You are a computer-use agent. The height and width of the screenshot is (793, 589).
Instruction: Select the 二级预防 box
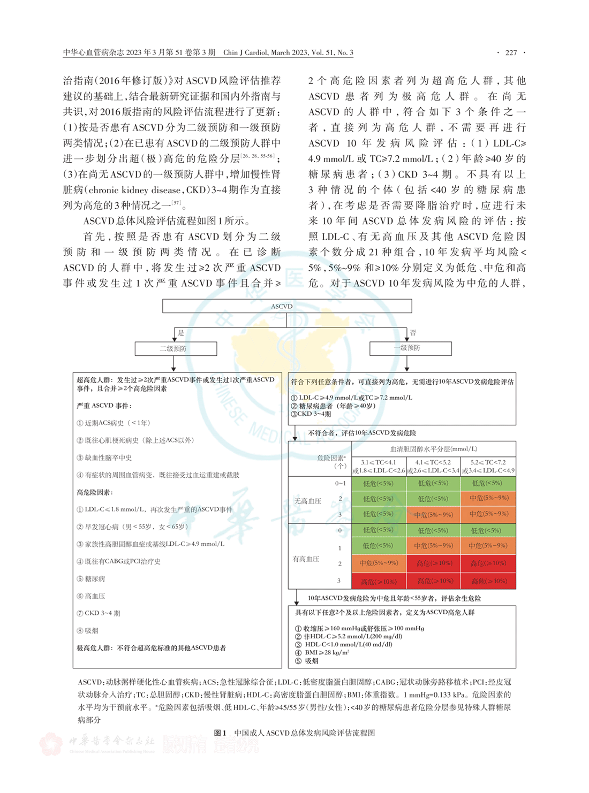(x=176, y=348)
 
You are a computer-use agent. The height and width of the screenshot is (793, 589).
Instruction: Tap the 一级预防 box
(x=411, y=348)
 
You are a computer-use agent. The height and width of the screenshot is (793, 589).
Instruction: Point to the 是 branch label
(x=181, y=333)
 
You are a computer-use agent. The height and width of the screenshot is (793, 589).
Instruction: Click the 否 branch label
(x=413, y=333)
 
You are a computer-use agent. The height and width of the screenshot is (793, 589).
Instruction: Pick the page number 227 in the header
(x=511, y=52)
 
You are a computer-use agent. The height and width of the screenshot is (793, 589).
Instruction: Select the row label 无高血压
(x=307, y=501)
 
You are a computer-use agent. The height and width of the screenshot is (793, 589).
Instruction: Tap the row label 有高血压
(x=306, y=559)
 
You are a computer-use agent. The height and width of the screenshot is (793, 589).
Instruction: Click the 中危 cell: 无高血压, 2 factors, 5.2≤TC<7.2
(x=488, y=498)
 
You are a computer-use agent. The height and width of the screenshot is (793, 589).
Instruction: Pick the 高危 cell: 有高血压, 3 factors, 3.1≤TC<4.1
(x=379, y=581)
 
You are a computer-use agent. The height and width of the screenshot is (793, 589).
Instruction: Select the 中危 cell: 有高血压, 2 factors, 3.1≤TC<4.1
(x=379, y=563)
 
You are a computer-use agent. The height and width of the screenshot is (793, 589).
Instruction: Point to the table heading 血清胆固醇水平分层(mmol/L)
(x=434, y=449)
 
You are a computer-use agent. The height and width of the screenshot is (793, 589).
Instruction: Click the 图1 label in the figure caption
(x=220, y=733)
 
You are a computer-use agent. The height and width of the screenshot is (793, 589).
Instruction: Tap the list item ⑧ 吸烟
(x=88, y=630)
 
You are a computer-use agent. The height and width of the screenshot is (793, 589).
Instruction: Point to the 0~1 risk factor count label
(x=341, y=483)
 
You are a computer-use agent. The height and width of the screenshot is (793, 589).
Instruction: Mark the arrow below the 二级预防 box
(x=173, y=364)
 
